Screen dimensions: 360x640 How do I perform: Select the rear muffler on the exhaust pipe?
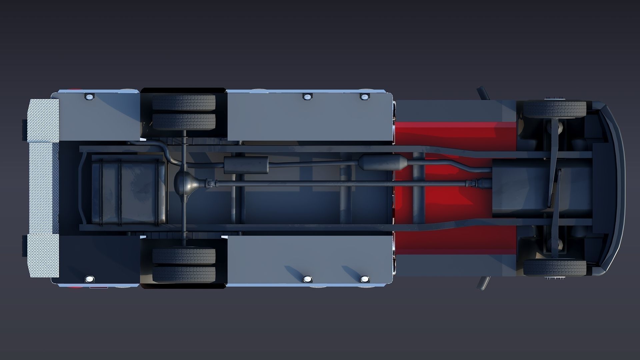coord(246,165)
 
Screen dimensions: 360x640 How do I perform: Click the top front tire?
coord(555,109)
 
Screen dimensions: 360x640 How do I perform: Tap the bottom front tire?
coord(555,268)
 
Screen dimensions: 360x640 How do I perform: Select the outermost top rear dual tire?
coord(184,102)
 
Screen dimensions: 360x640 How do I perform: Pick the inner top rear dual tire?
coord(184,121)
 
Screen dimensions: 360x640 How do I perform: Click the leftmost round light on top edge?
coord(89,97)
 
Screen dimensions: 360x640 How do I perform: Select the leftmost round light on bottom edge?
coord(89,279)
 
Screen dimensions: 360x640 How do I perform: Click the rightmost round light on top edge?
coord(365,97)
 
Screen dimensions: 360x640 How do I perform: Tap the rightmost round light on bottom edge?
coord(365,279)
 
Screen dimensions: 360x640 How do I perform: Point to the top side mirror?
coord(483,93)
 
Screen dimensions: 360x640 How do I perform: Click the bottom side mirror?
coord(483,283)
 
